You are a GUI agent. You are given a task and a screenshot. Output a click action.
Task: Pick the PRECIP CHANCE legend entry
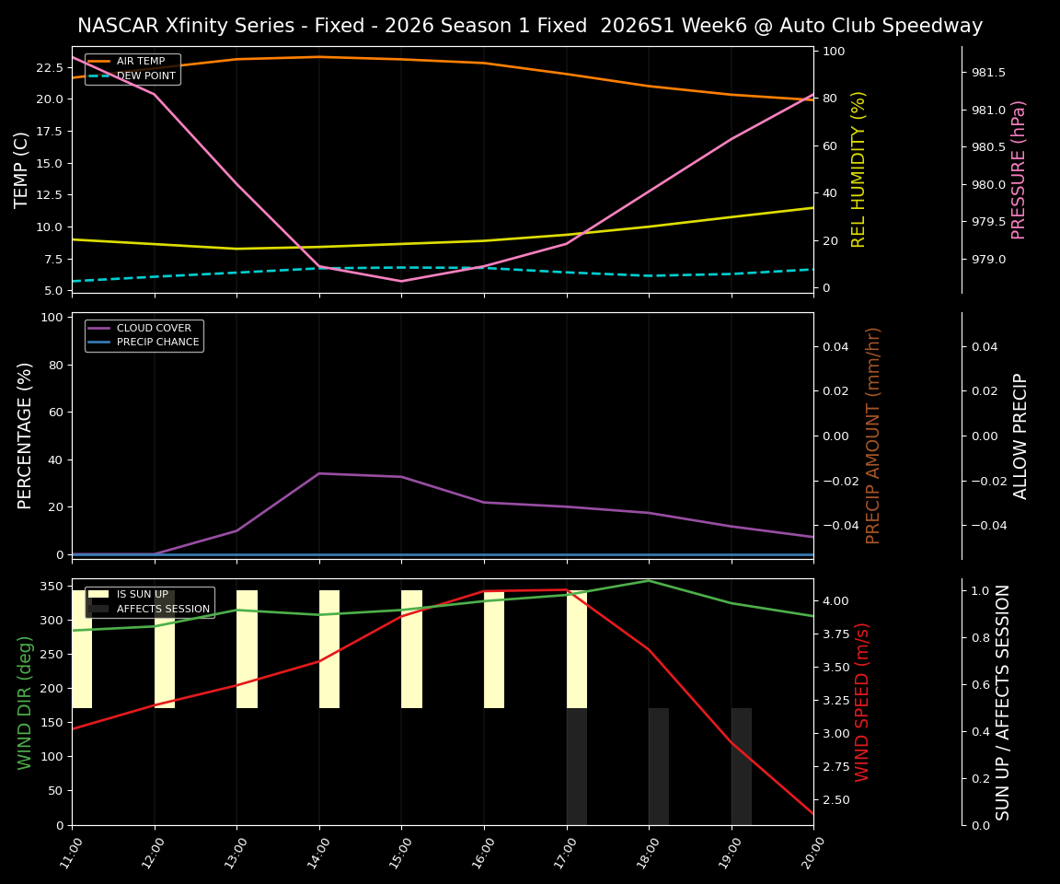[x=157, y=342]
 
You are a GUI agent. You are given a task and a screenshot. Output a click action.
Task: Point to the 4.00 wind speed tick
[x=839, y=601]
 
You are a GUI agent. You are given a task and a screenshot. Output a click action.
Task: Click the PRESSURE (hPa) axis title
[x=1019, y=169]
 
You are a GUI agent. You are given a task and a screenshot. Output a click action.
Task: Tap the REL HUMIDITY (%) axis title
[x=859, y=169]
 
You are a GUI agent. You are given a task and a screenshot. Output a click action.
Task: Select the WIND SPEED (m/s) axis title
[x=862, y=702]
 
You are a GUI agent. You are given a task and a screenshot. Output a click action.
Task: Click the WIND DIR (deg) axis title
[x=25, y=702]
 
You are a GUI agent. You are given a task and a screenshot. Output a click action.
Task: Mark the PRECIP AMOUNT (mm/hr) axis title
[x=873, y=436]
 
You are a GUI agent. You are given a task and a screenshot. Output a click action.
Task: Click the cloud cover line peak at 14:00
[x=319, y=473]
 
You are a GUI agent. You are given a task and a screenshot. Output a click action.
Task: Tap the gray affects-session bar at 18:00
[x=659, y=766]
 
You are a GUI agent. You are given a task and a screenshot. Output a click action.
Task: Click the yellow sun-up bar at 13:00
[x=247, y=649]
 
